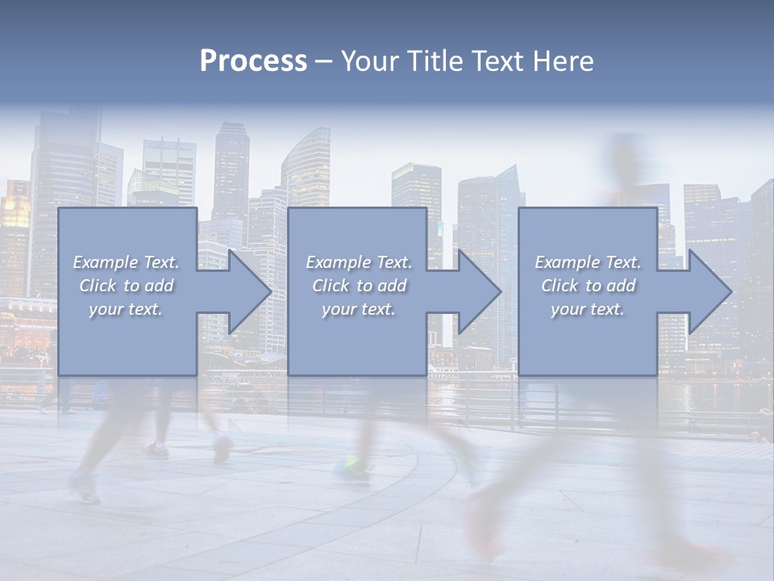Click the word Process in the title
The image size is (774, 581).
coord(253,61)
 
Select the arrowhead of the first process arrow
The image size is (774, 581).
coord(249,291)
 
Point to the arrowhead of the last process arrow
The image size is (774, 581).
coord(710,291)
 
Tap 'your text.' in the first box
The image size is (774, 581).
coord(126,309)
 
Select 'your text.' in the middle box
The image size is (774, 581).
coord(359,309)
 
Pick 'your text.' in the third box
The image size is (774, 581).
coord(588,309)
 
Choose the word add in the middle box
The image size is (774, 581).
coord(393,286)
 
